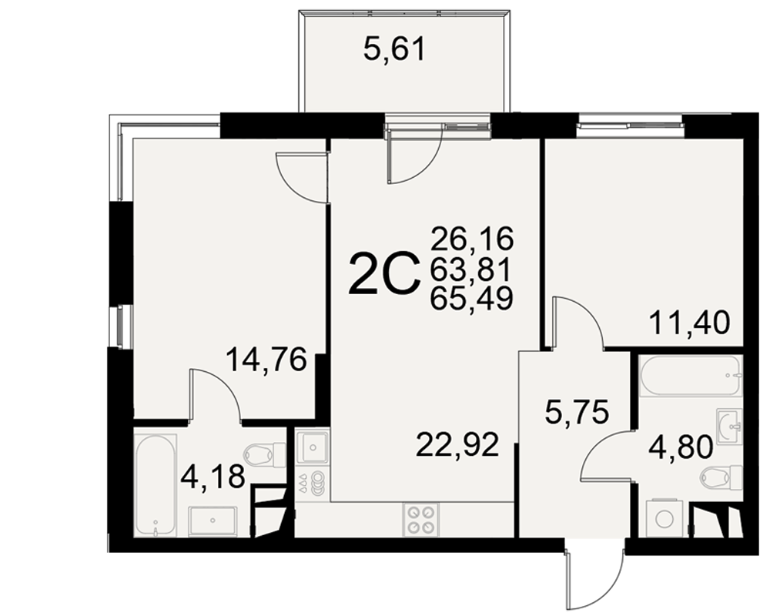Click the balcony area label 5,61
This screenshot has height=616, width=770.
(x=393, y=49)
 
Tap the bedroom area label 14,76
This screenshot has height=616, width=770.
(x=266, y=360)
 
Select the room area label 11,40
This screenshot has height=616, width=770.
(x=689, y=323)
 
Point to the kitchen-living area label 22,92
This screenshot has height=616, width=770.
(x=457, y=445)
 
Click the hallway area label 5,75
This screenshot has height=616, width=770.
(x=577, y=412)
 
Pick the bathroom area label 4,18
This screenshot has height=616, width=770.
(x=213, y=477)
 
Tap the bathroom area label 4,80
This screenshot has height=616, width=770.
(x=681, y=447)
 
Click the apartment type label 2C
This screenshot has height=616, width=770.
(x=384, y=275)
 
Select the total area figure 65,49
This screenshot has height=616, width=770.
(x=471, y=298)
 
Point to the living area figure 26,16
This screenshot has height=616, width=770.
(x=471, y=239)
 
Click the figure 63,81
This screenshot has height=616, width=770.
(x=471, y=268)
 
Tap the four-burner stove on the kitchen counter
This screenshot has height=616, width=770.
(x=421, y=520)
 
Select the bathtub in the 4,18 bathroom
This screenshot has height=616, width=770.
(x=156, y=485)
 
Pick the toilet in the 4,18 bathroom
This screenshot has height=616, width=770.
(x=265, y=455)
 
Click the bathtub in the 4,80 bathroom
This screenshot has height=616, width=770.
(x=690, y=376)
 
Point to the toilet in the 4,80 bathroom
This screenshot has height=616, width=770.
(x=721, y=477)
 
